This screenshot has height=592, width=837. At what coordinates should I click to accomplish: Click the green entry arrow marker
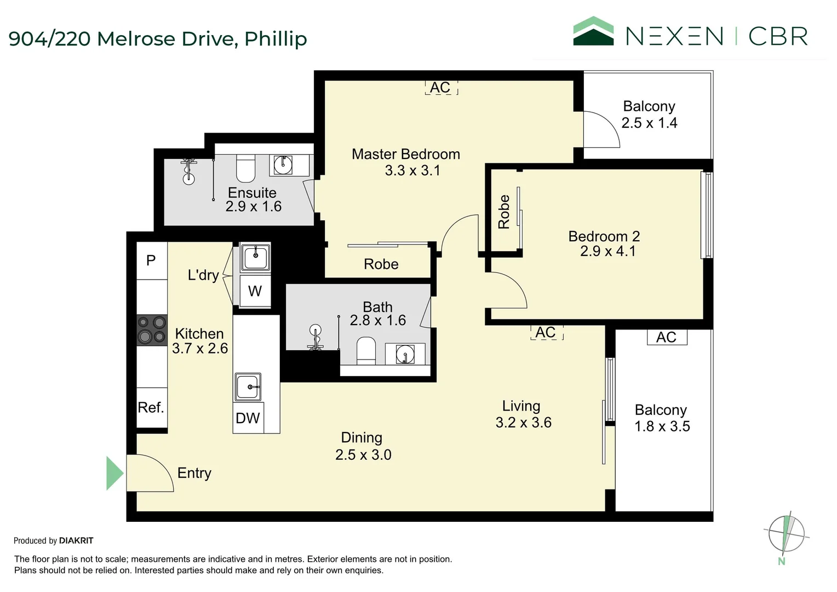pos(114,473)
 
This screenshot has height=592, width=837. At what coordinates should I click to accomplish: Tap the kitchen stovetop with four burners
pos(152,330)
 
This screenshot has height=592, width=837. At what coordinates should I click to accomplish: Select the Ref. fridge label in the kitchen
pos(151,407)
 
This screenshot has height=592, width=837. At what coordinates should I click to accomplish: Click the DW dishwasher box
pos(248,418)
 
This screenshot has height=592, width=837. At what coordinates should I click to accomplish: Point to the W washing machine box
pos(255,291)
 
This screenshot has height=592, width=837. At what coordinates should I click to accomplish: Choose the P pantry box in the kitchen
pos(151,260)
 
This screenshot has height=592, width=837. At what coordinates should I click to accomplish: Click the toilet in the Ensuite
pos(245,168)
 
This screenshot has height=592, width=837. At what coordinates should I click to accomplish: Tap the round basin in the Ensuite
pos(283,164)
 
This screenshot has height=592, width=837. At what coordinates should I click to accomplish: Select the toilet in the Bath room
pos(366,351)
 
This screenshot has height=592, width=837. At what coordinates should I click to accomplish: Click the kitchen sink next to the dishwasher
pos(248,386)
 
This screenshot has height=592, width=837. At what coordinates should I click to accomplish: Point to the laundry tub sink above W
pos(256,257)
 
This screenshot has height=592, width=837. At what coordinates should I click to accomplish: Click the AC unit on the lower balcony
pos(667,337)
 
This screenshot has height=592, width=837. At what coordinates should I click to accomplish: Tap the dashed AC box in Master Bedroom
pos(442,88)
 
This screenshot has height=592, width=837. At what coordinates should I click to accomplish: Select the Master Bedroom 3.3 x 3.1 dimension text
pos(413,170)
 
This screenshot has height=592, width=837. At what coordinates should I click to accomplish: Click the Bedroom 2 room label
pos(604,236)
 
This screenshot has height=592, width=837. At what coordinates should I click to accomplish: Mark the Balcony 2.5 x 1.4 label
pos(650,115)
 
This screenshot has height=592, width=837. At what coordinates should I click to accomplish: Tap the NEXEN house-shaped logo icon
pos(593,31)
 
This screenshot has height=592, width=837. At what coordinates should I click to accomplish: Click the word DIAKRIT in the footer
pos(76,540)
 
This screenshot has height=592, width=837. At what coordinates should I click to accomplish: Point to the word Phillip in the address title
pos(276,39)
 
